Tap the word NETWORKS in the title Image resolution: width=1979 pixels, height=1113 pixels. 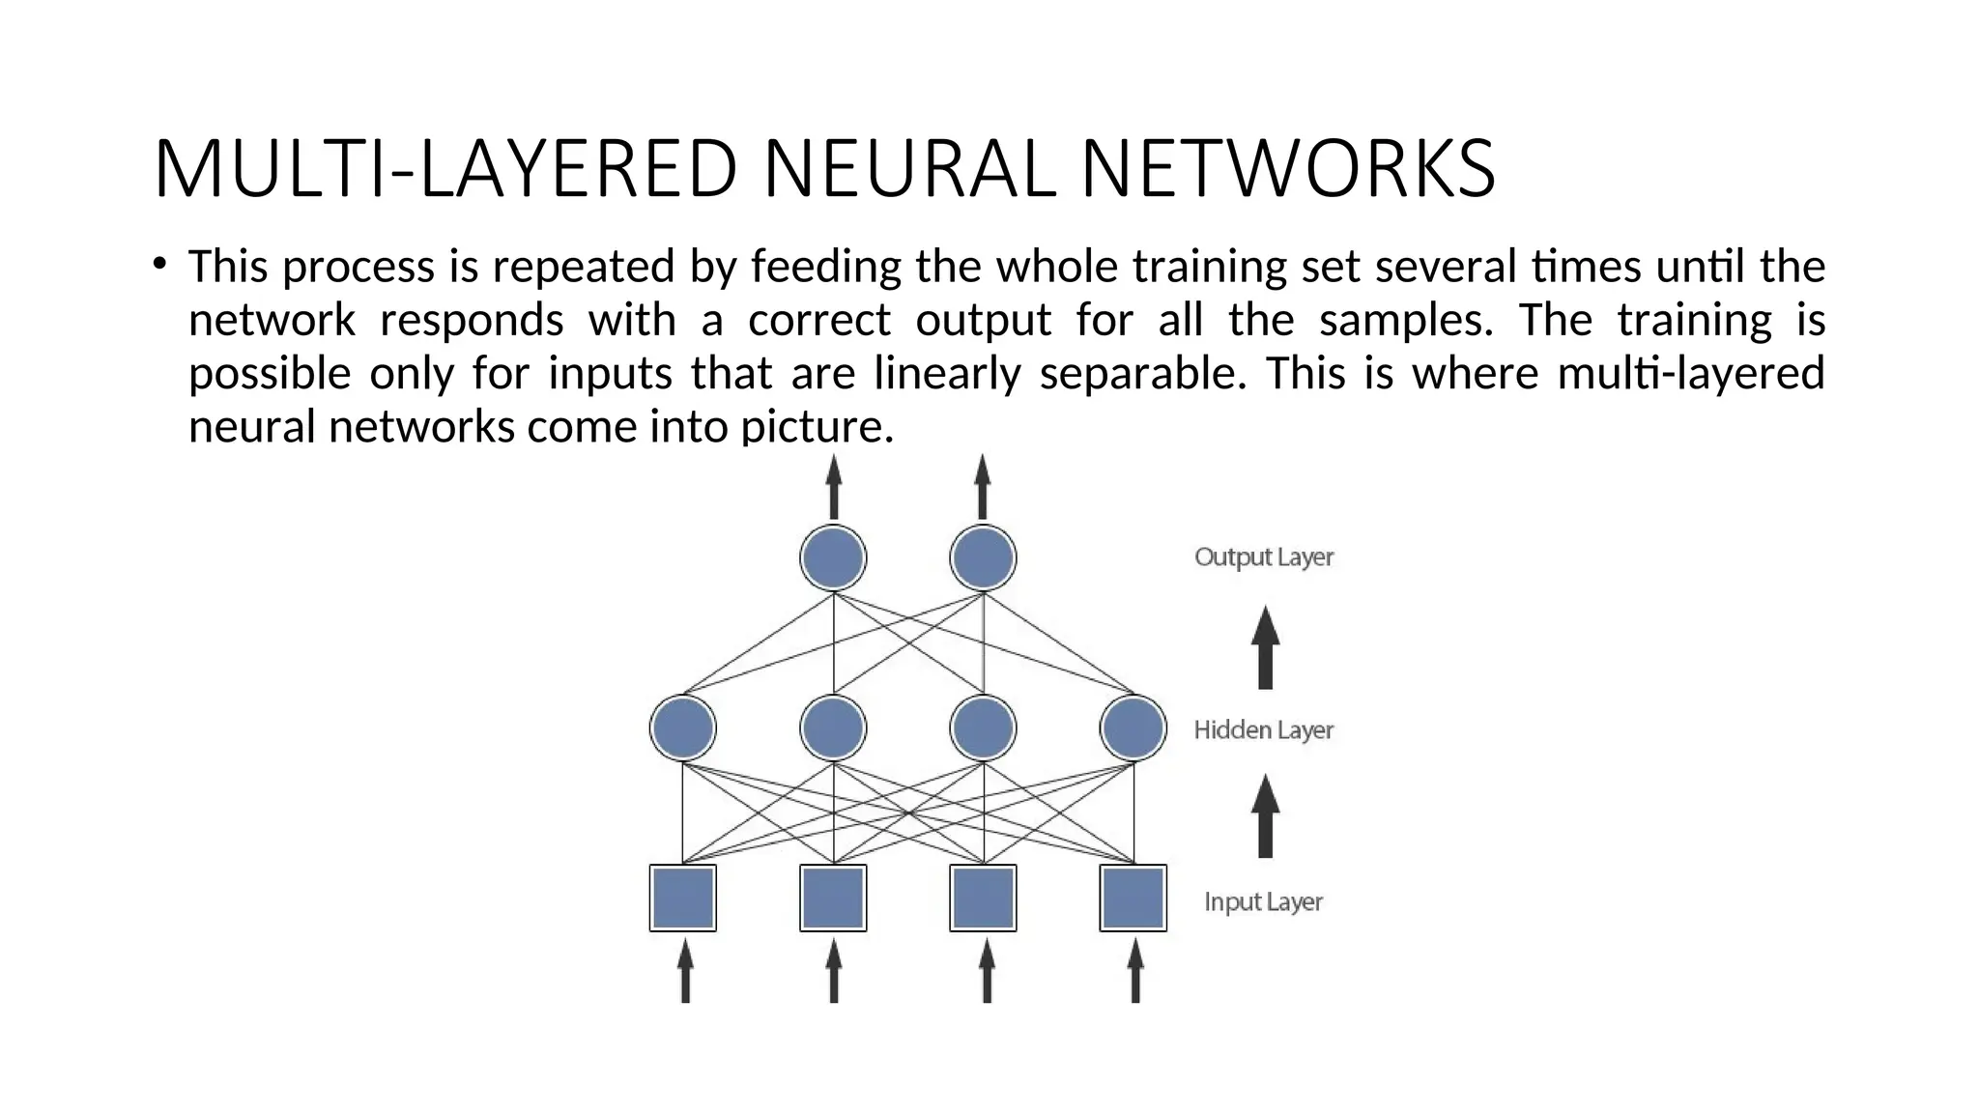(x=1288, y=169)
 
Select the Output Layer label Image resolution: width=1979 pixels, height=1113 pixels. (x=1263, y=557)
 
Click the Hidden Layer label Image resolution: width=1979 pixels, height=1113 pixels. (x=1263, y=729)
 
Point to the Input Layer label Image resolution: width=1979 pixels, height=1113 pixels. (x=1263, y=901)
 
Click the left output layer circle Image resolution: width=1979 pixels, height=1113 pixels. (x=833, y=557)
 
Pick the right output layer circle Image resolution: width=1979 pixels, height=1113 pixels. (x=983, y=557)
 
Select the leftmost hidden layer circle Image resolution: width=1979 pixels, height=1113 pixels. (x=683, y=728)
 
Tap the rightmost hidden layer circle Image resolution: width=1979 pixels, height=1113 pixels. (x=1133, y=728)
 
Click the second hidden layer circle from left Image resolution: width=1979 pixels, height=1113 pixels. (x=833, y=728)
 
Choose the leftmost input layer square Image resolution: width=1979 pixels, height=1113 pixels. (x=683, y=898)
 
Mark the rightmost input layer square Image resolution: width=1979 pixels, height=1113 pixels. (x=1133, y=898)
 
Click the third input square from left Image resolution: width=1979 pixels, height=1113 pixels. (x=983, y=898)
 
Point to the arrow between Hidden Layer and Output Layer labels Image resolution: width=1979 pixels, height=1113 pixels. (x=1265, y=647)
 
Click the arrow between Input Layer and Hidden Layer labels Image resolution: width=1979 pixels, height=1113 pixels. (x=1265, y=816)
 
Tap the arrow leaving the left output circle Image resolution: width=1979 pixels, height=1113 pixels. (x=834, y=487)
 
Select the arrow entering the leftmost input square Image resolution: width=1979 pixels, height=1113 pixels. (x=685, y=971)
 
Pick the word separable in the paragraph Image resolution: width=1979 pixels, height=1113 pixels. (x=1142, y=374)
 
